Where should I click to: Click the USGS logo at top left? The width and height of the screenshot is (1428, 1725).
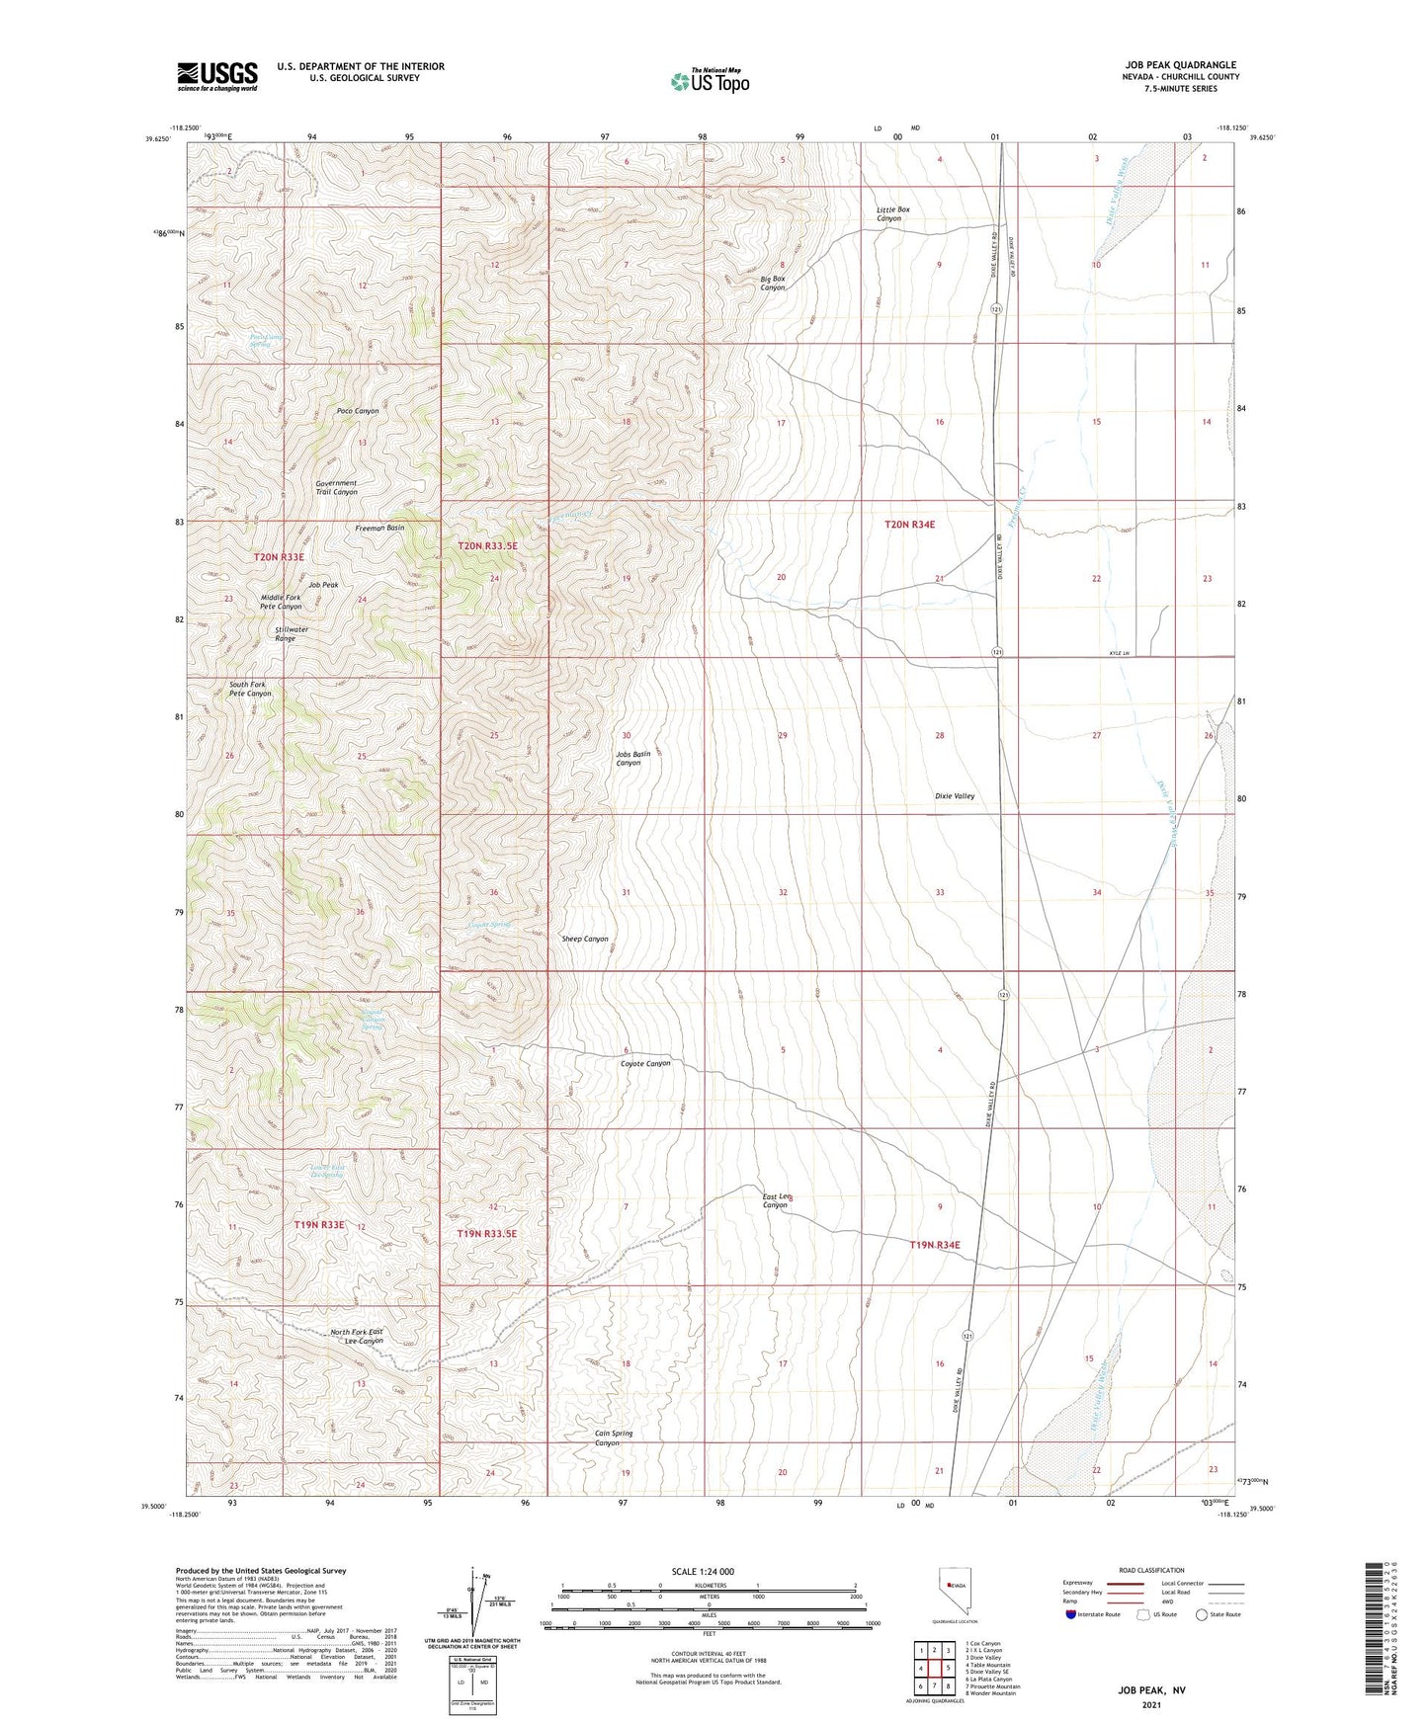pos(217,75)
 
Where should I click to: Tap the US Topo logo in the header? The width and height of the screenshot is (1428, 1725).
pos(709,81)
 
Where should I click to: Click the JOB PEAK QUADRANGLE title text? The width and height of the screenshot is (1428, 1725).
pos(1173,65)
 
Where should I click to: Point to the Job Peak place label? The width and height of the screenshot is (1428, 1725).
pos(323,585)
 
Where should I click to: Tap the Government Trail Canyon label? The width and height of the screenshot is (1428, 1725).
pos(336,488)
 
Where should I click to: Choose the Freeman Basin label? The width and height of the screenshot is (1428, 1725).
pos(379,529)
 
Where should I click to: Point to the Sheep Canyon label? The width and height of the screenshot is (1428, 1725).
pos(584,939)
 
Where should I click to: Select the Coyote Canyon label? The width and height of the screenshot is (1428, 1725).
pos(644,1063)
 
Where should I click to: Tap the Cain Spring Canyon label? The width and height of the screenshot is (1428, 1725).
pos(613,1437)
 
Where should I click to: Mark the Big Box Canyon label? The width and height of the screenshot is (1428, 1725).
pos(772,283)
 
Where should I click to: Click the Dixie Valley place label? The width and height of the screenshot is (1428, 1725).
pos(954,795)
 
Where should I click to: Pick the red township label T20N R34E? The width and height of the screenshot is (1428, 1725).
pos(908,526)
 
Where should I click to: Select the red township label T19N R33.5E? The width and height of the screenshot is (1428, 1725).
pos(486,1234)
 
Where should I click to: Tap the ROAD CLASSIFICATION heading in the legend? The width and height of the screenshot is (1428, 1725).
pos(1151,1570)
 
